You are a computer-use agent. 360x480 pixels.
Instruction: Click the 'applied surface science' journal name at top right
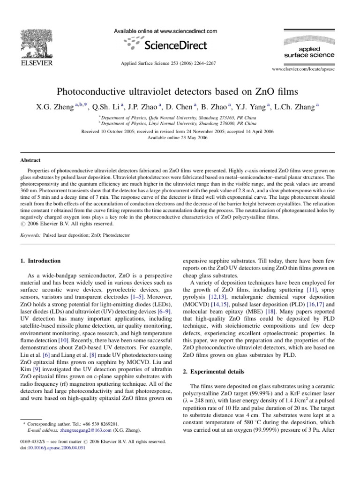coord(309,52)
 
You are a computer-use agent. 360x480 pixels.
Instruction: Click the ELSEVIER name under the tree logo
coord(35,62)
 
